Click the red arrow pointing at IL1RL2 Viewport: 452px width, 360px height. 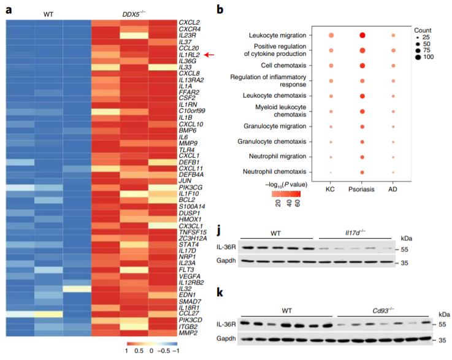point(209,55)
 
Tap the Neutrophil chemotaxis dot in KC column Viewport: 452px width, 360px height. point(331,172)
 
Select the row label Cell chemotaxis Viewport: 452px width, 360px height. point(286,65)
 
